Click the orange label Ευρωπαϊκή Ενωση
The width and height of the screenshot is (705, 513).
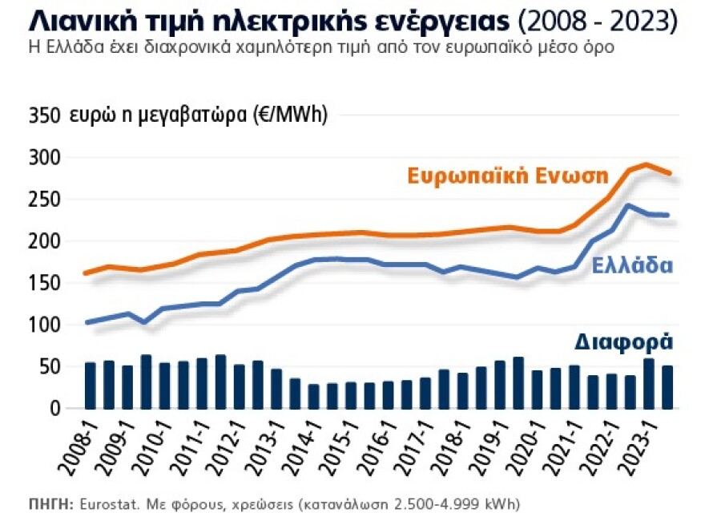pyautogui.click(x=508, y=176)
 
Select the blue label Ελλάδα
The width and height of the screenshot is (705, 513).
pyautogui.click(x=632, y=267)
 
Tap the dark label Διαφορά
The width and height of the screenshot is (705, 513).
pyautogui.click(x=623, y=342)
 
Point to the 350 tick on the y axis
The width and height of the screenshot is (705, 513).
pyautogui.click(x=45, y=116)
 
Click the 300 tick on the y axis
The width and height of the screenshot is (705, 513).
pyautogui.click(x=45, y=158)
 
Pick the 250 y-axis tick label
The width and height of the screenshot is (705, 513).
pyautogui.click(x=45, y=200)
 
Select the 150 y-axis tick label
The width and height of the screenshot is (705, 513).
pyautogui.click(x=45, y=283)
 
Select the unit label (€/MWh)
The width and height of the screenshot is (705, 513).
pyautogui.click(x=291, y=115)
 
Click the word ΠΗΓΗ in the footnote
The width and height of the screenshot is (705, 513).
pyautogui.click(x=49, y=503)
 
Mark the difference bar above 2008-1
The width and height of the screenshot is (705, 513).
pyautogui.click(x=91, y=386)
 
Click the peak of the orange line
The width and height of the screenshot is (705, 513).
pyautogui.click(x=646, y=164)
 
